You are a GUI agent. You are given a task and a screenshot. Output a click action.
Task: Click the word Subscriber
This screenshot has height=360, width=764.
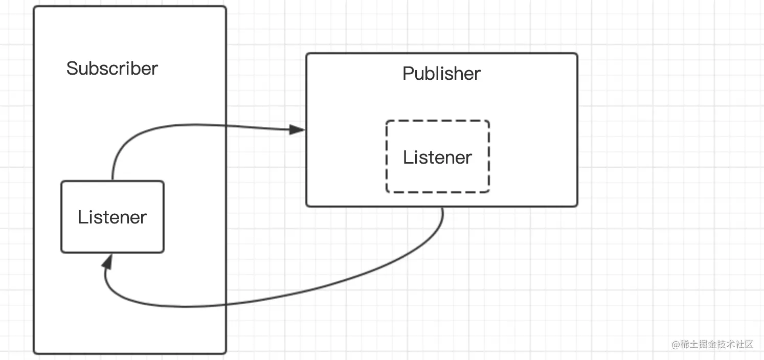[112, 68]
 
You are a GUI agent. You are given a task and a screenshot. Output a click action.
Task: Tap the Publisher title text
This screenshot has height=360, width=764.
[441, 73]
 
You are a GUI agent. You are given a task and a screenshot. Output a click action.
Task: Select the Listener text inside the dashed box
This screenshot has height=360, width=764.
[437, 157]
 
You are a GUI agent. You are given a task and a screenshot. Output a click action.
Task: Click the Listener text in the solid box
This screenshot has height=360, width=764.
[112, 217]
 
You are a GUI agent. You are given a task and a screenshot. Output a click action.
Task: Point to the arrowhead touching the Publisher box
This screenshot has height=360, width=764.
[297, 129]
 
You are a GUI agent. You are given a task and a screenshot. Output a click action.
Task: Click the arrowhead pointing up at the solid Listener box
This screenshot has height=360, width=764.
[108, 262]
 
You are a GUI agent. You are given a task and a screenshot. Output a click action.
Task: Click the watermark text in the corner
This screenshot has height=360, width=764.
[712, 344]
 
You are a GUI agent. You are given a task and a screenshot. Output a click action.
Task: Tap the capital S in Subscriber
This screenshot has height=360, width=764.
[72, 68]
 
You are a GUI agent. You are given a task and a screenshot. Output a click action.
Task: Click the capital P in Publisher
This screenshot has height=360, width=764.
[408, 73]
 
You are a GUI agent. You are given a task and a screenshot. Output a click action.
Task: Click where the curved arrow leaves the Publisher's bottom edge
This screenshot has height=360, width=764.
[443, 207]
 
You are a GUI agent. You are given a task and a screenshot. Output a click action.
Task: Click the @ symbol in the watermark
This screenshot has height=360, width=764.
[676, 345]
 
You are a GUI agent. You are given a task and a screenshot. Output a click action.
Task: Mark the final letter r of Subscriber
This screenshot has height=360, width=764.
[155, 71]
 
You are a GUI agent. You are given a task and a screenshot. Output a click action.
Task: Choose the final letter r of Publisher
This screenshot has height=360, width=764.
[478, 76]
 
